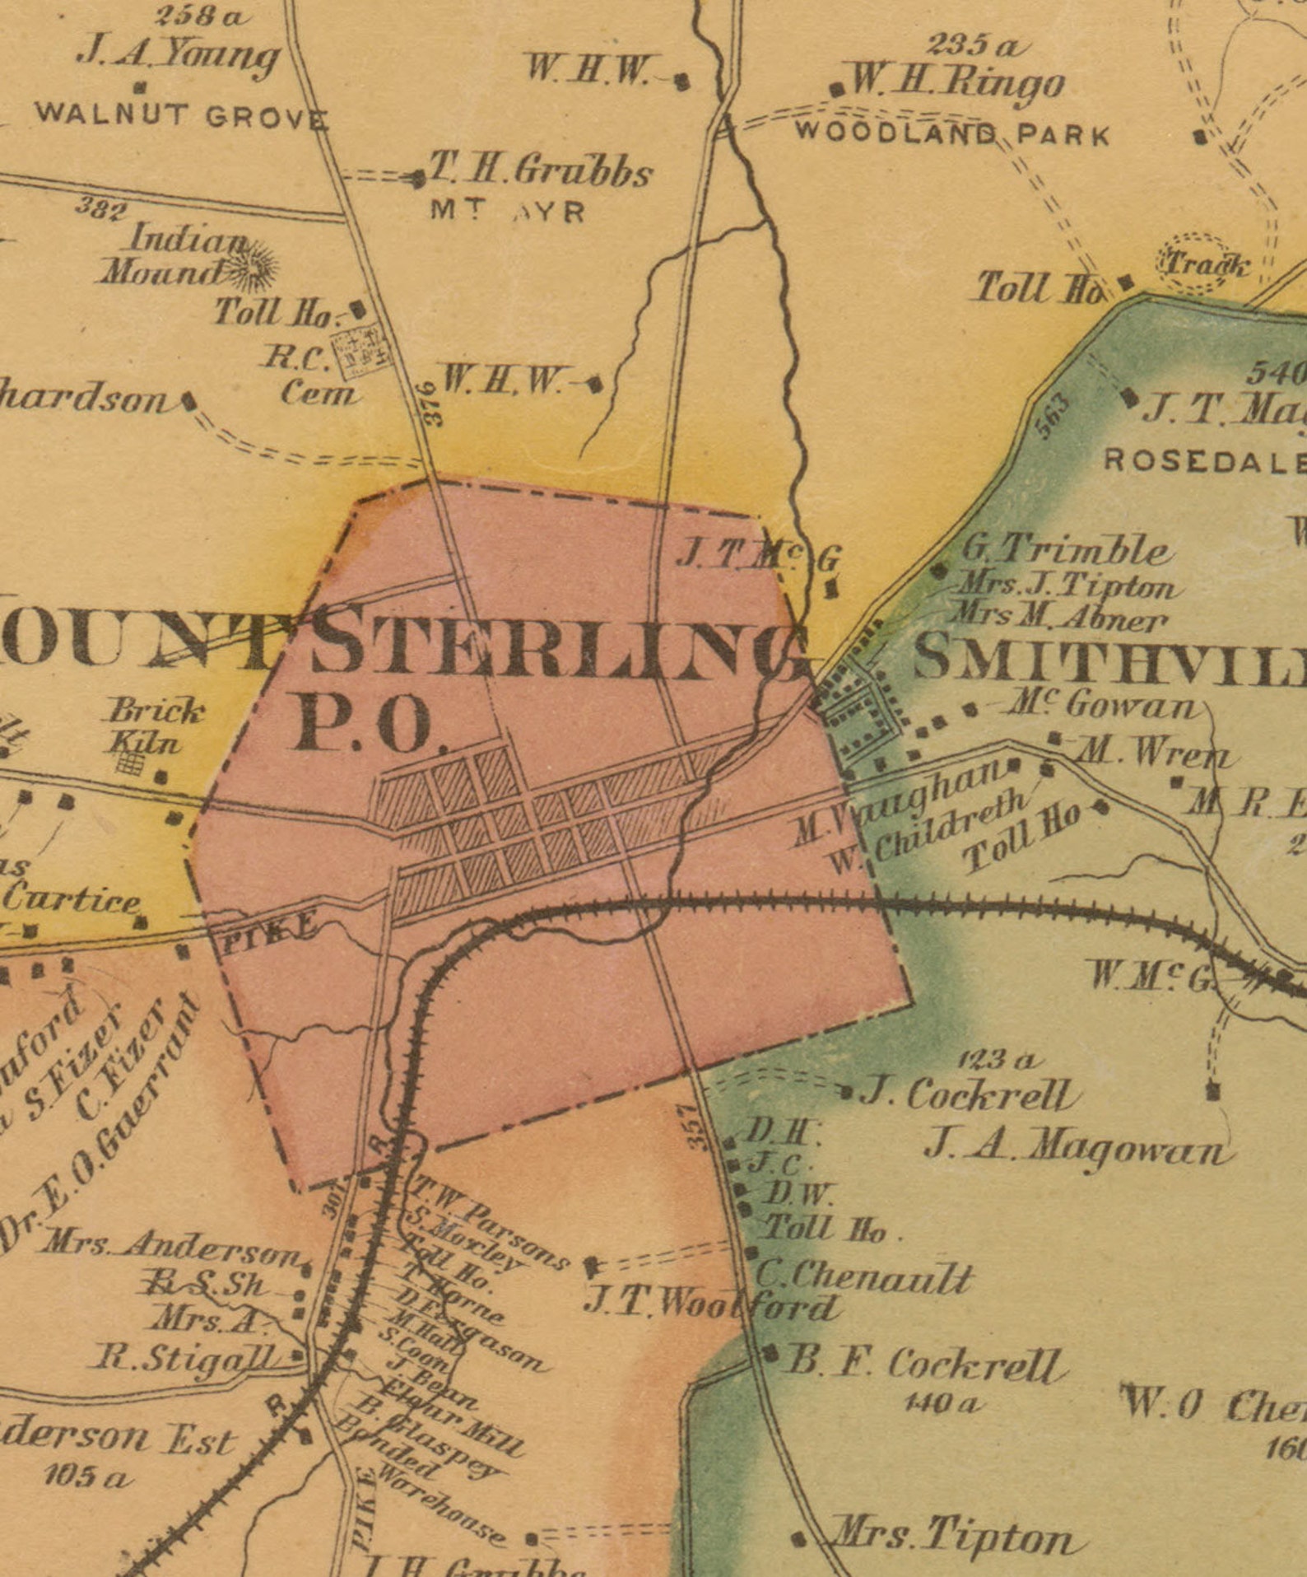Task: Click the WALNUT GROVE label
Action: pyautogui.click(x=181, y=115)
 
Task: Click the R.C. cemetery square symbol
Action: pyautogui.click(x=360, y=349)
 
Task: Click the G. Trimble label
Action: pyautogui.click(x=1066, y=550)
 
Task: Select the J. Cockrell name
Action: pyautogui.click(x=968, y=1095)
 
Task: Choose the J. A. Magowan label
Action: pyautogui.click(x=1078, y=1145)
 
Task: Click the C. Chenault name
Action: pyautogui.click(x=864, y=1278)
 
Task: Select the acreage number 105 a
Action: pyautogui.click(x=86, y=1477)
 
